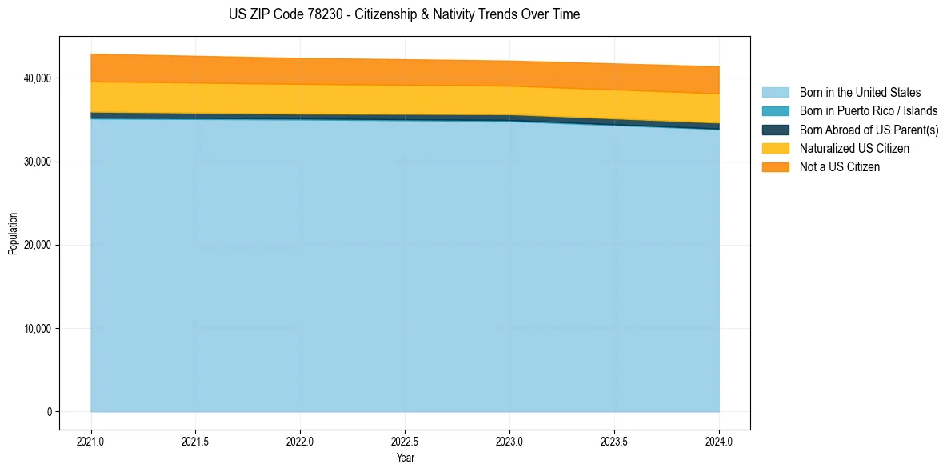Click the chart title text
(404, 14)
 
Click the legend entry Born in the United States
(860, 93)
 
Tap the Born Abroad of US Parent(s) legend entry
(869, 130)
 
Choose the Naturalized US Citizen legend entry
(854, 149)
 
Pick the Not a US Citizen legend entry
(839, 167)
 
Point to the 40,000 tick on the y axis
(38, 78)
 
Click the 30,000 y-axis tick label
(38, 162)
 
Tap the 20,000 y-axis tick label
(38, 245)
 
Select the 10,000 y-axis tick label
(38, 329)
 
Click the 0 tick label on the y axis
(49, 412)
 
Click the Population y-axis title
(13, 234)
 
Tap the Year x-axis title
(405, 458)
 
